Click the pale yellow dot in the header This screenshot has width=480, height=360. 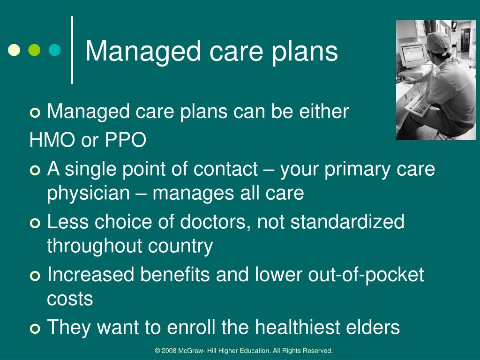tap(15, 50)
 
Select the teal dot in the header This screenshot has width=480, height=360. tap(55, 50)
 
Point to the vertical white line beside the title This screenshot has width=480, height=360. tap(72, 50)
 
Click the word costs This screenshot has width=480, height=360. tap(70, 299)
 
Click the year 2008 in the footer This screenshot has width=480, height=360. tap(169, 351)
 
